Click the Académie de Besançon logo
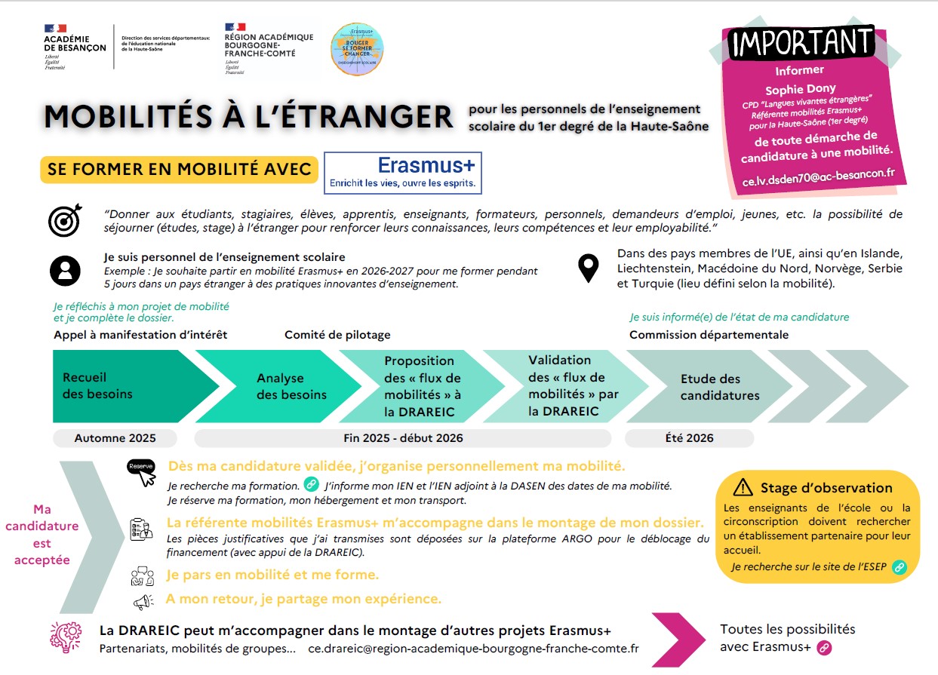(x=75, y=47)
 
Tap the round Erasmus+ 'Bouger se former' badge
(x=357, y=49)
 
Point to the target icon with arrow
(x=64, y=220)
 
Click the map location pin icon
(x=588, y=268)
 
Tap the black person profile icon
(x=65, y=270)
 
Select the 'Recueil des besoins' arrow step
(x=113, y=385)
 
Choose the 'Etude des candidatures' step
(x=710, y=387)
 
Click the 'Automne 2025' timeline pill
(x=115, y=438)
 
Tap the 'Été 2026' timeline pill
(x=689, y=438)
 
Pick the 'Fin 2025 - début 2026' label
(x=403, y=438)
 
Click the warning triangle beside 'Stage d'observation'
(x=743, y=487)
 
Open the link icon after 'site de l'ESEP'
(x=899, y=567)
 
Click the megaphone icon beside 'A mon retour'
(x=143, y=601)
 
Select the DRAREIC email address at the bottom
(x=474, y=649)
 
